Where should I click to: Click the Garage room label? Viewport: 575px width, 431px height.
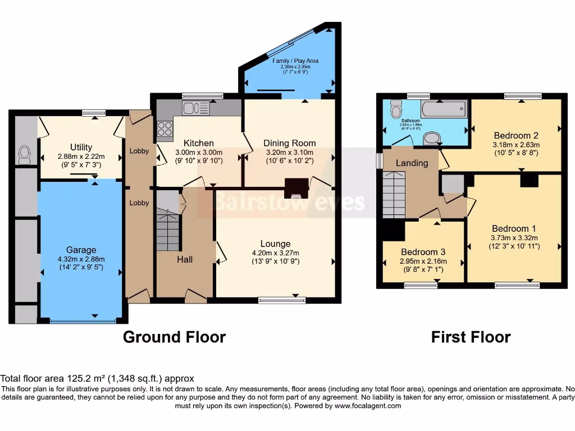click(81, 250)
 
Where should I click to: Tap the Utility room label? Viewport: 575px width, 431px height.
click(81, 148)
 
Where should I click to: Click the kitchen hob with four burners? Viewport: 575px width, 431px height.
click(165, 129)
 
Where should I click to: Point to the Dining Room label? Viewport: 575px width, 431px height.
click(289, 143)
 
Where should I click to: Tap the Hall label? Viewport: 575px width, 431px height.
click(185, 259)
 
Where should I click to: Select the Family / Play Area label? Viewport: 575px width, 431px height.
click(291, 60)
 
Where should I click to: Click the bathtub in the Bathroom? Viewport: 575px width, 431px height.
click(444, 108)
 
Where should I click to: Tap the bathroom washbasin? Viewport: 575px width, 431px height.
click(431, 137)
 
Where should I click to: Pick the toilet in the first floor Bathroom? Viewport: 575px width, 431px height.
click(396, 108)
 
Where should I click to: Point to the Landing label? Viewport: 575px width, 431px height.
click(412, 163)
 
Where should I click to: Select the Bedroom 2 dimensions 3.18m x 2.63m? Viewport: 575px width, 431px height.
click(515, 144)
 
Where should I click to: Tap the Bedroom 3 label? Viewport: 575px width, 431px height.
click(423, 251)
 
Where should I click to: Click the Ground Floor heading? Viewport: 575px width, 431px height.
click(174, 337)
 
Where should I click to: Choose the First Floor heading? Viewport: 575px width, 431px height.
click(471, 337)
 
